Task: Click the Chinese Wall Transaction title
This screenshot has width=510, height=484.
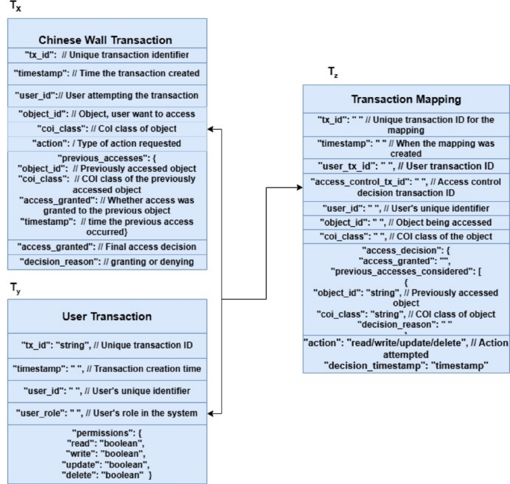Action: coord(106,40)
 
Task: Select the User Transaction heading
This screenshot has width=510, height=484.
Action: coord(107,317)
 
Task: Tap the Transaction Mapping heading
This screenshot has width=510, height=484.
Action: coord(406,99)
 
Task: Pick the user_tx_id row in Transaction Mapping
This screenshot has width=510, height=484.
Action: coord(406,166)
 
